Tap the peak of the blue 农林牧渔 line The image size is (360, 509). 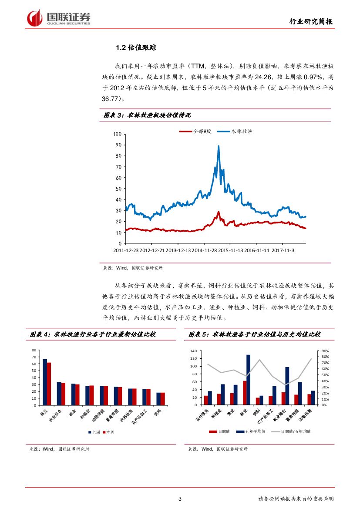click(x=218, y=147)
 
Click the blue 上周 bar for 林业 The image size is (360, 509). click(x=45, y=382)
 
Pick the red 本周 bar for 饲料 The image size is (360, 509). click(x=163, y=399)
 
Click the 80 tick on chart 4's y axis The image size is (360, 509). click(x=34, y=351)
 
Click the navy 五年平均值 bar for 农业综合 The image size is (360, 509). click(x=287, y=386)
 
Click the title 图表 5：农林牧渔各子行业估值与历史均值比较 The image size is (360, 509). click(x=255, y=334)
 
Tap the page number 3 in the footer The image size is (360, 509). click(x=180, y=499)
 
